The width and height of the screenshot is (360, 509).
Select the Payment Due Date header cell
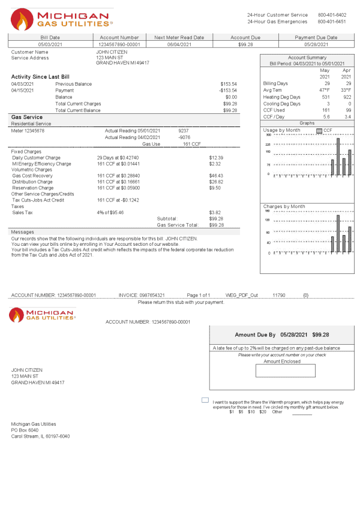(x=316, y=37)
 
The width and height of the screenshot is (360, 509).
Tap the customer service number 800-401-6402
(x=332, y=15)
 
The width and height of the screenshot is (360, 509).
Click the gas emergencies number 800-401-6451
(x=332, y=22)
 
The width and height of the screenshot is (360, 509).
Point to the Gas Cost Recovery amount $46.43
(x=216, y=176)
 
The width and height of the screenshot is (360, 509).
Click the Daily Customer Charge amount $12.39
(x=216, y=158)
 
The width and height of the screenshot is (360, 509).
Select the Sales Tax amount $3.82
(x=215, y=213)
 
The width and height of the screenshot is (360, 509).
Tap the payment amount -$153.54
(x=228, y=91)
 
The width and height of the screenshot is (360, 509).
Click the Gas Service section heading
(x=27, y=117)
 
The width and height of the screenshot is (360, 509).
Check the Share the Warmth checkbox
(x=205, y=400)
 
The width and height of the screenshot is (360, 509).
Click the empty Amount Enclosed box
(x=277, y=371)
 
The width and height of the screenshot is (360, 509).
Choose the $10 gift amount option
(x=251, y=412)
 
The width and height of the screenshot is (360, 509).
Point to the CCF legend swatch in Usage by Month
(x=319, y=130)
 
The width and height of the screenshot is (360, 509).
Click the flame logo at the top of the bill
(x=23, y=20)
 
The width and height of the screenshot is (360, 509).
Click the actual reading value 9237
(x=184, y=131)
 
